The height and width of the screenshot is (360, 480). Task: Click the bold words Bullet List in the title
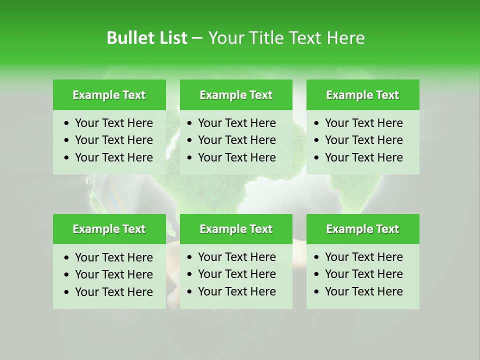(x=146, y=38)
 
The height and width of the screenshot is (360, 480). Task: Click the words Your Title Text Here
(x=286, y=38)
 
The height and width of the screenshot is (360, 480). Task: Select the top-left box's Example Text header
(x=109, y=95)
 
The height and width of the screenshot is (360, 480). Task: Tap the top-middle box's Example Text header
(x=236, y=95)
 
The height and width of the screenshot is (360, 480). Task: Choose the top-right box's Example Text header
(x=362, y=95)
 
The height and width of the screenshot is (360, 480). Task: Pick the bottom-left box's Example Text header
(x=109, y=229)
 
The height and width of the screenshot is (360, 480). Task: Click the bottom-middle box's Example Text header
(x=236, y=229)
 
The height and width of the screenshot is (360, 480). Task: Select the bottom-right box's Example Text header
(x=362, y=229)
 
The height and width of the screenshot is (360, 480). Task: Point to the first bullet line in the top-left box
(x=113, y=123)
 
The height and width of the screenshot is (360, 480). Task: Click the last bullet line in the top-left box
(x=113, y=157)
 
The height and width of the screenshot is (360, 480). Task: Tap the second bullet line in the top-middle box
(x=236, y=140)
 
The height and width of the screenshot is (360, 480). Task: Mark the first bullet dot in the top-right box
(x=317, y=123)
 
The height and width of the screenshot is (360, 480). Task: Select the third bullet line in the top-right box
(x=363, y=157)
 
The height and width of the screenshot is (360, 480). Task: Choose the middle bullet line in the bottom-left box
(x=113, y=274)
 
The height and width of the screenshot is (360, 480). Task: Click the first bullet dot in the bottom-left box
(x=67, y=258)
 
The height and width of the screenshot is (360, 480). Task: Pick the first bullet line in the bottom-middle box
(x=236, y=257)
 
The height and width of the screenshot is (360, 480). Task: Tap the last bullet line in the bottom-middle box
(x=236, y=291)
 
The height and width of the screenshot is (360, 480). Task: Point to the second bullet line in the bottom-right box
(x=363, y=274)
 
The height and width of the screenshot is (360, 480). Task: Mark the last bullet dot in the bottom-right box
(x=317, y=292)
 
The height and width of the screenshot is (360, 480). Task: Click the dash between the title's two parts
(x=197, y=38)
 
